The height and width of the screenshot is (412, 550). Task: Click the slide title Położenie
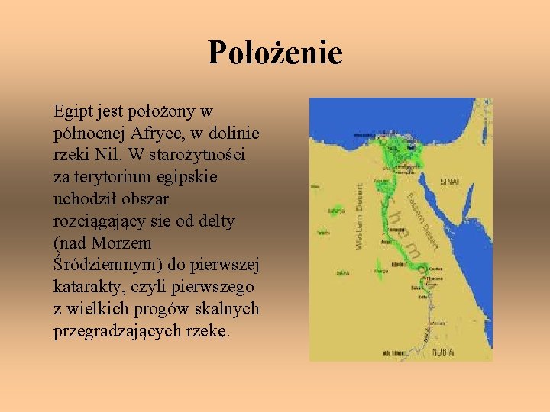(x=275, y=53)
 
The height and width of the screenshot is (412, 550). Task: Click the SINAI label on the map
(x=450, y=182)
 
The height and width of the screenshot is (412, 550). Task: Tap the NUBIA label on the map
(x=443, y=352)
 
